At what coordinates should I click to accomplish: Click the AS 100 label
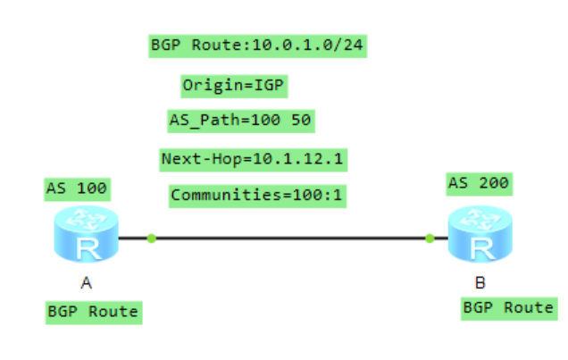77,188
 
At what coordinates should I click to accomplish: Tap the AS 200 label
479,183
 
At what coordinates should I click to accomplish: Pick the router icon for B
481,235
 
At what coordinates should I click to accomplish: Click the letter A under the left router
86,285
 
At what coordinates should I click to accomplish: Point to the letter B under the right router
480,284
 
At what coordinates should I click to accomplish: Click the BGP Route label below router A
93,312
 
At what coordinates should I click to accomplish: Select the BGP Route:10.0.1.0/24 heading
260,45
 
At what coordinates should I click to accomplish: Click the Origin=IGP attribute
235,85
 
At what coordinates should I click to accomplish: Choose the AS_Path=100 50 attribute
241,119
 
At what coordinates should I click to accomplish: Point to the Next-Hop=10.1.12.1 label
254,159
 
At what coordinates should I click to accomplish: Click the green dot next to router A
152,238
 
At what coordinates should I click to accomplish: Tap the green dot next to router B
430,239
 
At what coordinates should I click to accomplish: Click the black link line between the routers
290,239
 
